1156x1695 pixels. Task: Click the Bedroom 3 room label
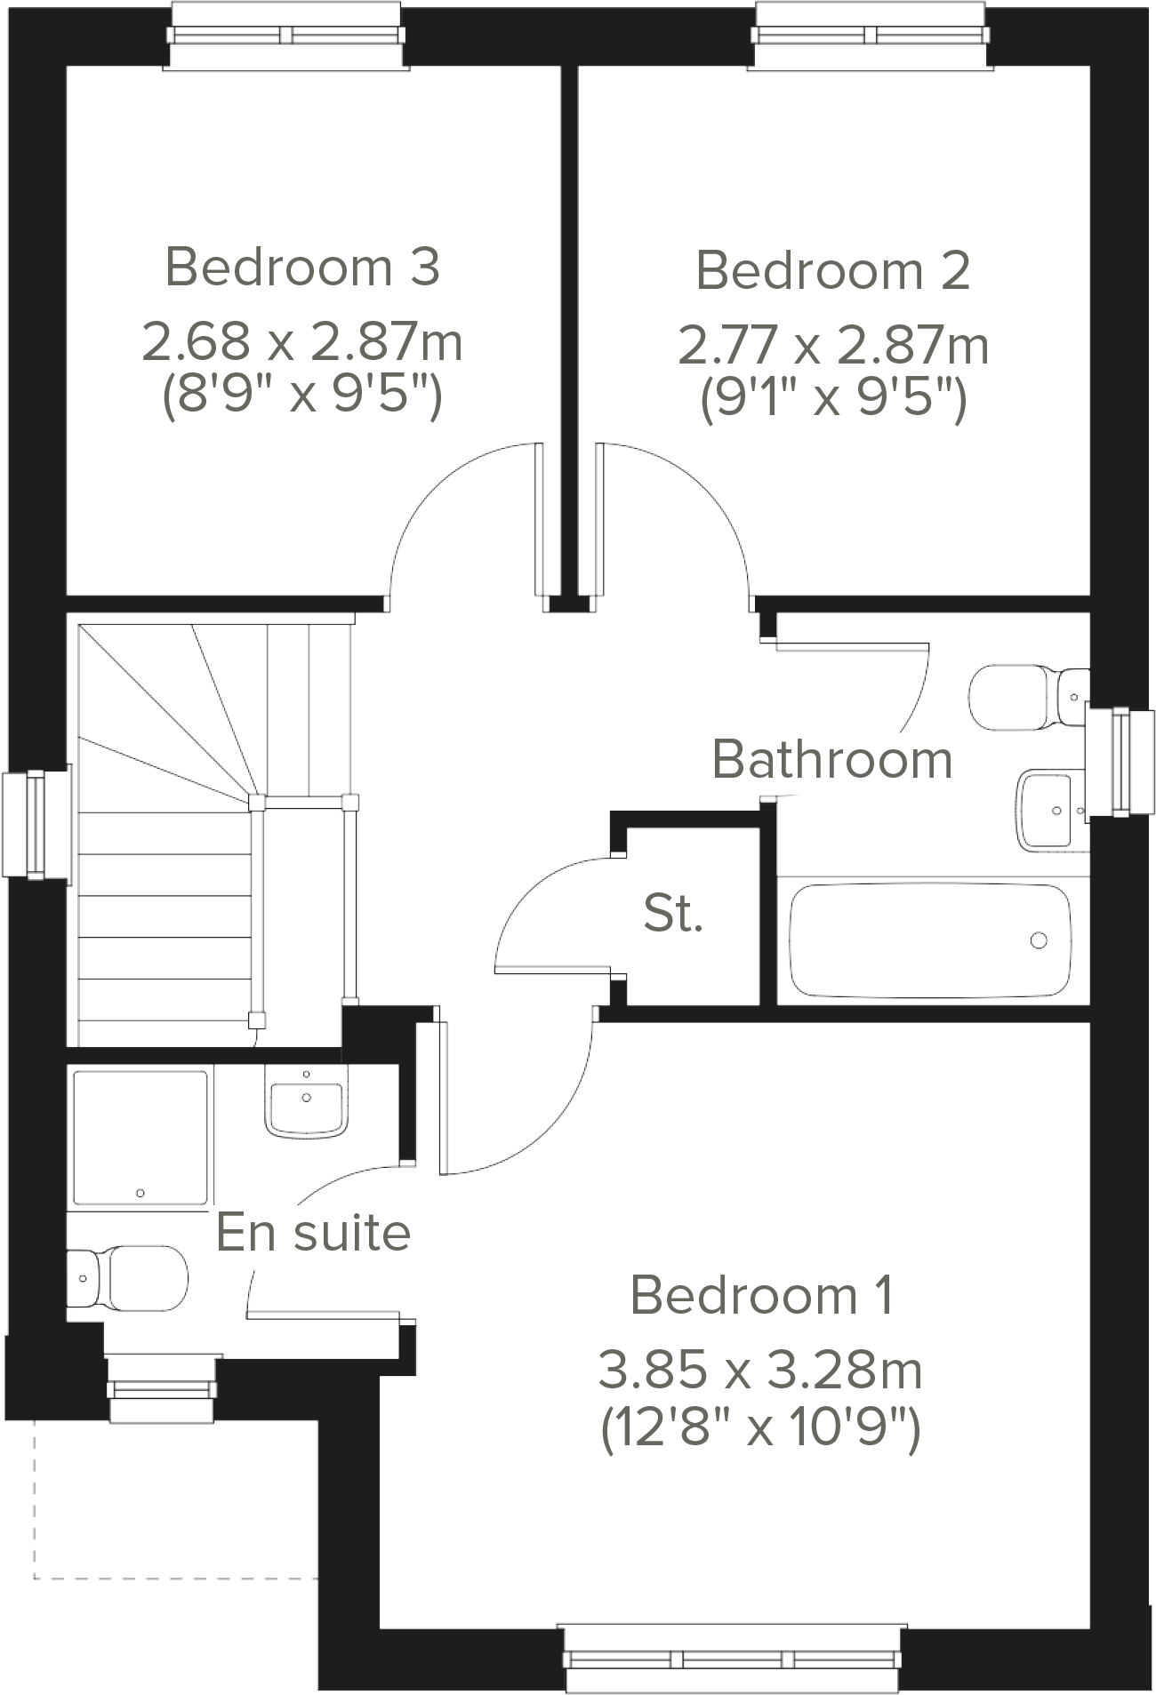pos(302,267)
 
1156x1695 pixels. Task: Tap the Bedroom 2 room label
pos(832,270)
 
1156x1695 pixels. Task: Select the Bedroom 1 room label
pos(761,1295)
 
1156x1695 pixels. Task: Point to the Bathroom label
pos(832,761)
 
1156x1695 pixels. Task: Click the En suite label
pos(313,1232)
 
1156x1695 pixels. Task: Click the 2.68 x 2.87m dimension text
pos(302,342)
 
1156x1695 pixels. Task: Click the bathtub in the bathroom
pos(929,940)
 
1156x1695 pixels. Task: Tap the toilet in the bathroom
pos(1023,698)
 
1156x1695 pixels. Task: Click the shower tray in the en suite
pos(140,1139)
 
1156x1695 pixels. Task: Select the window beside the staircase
pos(36,825)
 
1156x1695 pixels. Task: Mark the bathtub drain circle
pos(1038,940)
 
